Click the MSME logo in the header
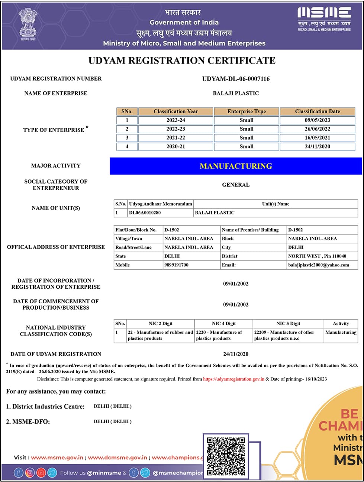tap(324, 19)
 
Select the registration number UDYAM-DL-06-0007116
tap(236, 79)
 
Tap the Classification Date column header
tap(317, 111)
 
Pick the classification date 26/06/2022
tap(317, 129)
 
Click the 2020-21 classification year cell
tap(175, 146)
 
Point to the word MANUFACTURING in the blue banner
tap(236, 166)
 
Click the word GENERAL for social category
tap(236, 185)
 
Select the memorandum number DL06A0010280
tap(145, 213)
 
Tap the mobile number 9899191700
tap(176, 265)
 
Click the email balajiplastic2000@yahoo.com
tap(318, 265)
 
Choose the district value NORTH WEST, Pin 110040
tap(317, 256)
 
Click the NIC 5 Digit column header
tap(288, 324)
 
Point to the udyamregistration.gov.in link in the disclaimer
tap(233, 379)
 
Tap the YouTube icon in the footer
tap(41, 473)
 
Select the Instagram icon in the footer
tap(30, 473)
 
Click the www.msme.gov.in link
tap(57, 457)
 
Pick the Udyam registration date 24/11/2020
tap(236, 354)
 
